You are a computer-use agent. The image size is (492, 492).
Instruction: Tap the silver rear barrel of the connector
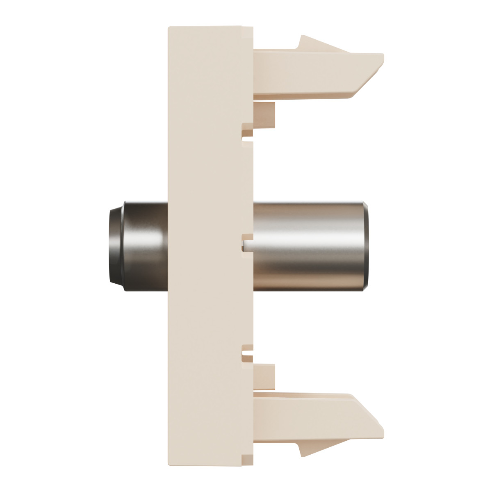307,246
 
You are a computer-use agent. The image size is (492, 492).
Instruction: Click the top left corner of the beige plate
169,28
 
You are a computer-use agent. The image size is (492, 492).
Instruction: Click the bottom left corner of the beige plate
169,464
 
